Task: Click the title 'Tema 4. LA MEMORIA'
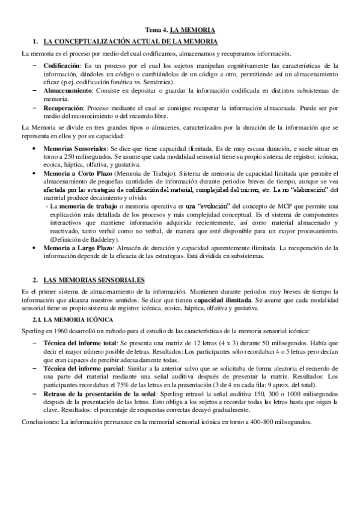180,29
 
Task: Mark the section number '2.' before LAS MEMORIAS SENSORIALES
36,280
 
